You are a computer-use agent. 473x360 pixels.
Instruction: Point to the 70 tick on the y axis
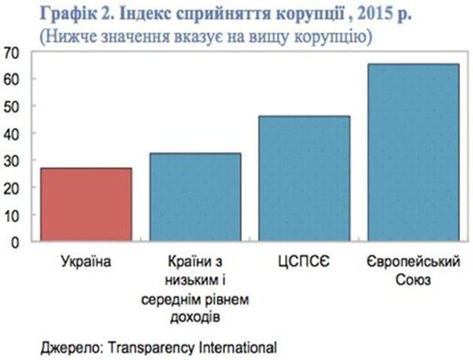tap(12, 52)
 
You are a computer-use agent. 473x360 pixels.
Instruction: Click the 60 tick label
tap(12, 79)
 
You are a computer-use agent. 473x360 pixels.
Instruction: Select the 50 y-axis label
tap(12, 106)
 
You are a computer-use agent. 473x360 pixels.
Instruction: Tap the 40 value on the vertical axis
tap(12, 134)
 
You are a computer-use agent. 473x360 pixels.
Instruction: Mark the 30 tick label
tap(12, 161)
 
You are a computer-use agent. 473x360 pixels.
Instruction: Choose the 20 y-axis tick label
tap(12, 188)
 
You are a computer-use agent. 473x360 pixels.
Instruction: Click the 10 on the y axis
tap(12, 215)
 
